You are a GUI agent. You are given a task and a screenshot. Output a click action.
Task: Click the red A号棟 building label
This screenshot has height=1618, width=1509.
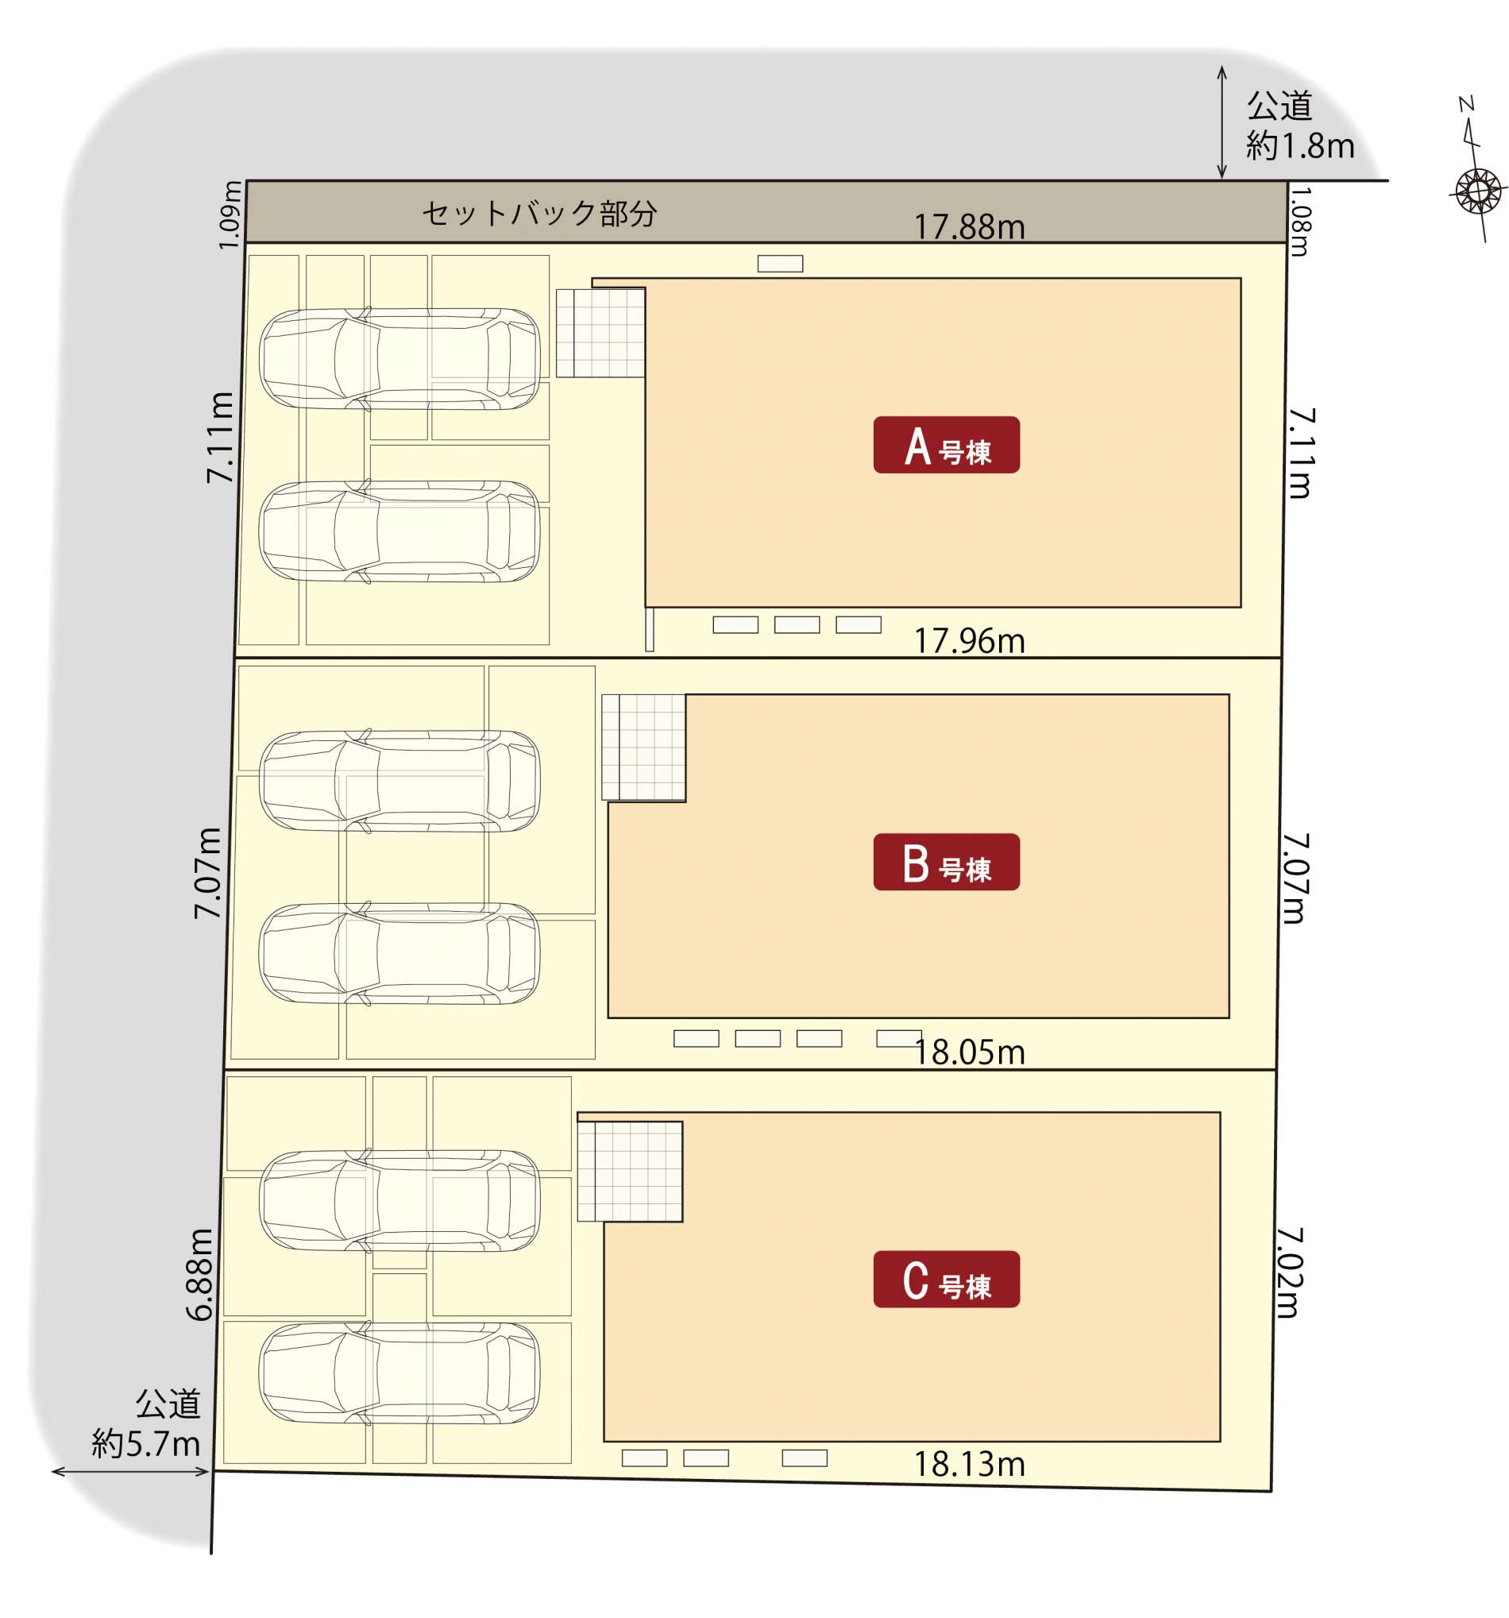point(946,444)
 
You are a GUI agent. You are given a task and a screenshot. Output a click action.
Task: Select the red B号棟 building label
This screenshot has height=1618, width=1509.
point(946,862)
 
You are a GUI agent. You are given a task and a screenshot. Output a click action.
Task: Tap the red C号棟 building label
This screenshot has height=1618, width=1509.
point(946,1280)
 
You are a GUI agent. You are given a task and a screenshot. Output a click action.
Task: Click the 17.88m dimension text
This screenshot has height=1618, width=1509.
point(969,227)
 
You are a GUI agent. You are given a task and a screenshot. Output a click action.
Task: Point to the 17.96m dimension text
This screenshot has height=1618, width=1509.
point(969,640)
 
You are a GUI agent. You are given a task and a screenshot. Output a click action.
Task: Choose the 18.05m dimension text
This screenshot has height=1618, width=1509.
point(969,1052)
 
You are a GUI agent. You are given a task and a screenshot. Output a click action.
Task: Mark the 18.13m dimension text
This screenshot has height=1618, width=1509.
point(969,1464)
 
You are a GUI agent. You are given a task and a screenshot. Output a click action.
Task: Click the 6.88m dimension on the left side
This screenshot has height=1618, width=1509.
point(199,1275)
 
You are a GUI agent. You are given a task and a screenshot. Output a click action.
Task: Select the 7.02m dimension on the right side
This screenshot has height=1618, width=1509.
point(1289,1273)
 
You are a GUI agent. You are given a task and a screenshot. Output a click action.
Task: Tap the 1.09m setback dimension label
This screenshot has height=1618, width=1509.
point(230,215)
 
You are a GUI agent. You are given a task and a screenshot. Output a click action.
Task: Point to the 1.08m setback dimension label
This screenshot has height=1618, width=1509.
point(1300,222)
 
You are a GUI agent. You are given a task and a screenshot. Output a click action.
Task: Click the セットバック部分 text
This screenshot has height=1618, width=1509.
point(539,213)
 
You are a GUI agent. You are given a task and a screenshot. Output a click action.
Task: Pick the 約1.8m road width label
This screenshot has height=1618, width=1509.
point(1300,146)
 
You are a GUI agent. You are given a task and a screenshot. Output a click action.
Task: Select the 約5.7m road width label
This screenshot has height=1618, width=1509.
point(145,1444)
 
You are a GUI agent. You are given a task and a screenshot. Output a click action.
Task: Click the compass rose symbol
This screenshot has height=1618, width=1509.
point(1477,192)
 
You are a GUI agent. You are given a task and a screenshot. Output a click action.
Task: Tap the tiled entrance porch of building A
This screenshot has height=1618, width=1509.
point(600,333)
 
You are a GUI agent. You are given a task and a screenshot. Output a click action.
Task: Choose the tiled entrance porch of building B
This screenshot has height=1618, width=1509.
point(643,747)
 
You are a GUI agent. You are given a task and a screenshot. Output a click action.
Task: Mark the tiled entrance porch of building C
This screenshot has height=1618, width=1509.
point(629,1172)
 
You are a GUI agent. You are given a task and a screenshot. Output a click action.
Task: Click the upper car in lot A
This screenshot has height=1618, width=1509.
point(399,358)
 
